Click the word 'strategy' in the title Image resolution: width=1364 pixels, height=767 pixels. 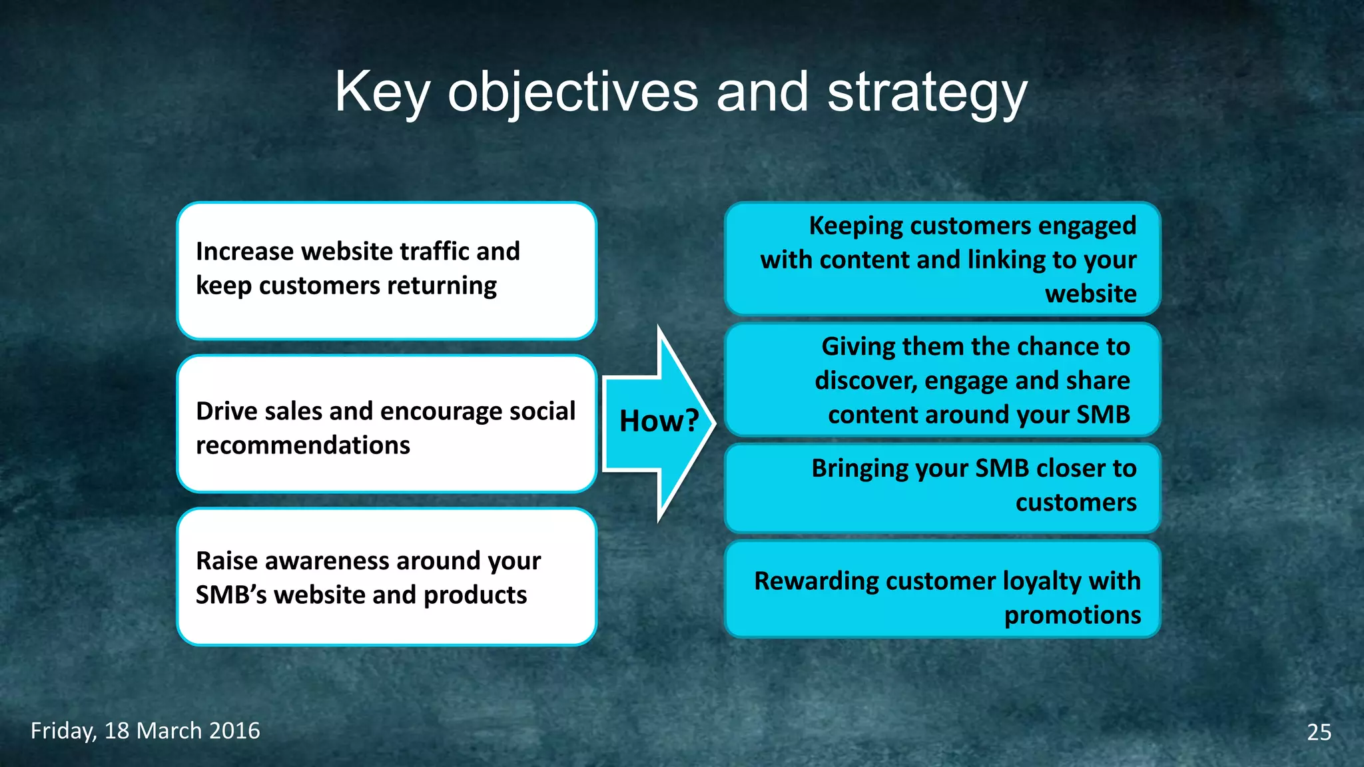[927, 93]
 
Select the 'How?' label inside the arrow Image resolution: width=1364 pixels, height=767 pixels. [659, 421]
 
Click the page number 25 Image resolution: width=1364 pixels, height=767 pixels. [1319, 732]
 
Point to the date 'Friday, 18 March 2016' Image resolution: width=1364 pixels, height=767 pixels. [145, 731]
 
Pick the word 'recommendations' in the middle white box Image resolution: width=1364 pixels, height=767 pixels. [303, 445]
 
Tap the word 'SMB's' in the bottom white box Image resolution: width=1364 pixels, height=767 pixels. [230, 595]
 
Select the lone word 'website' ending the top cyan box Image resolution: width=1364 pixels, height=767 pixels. [1090, 294]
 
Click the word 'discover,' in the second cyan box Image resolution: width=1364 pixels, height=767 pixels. [865, 381]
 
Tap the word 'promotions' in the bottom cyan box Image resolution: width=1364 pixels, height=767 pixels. [1072, 615]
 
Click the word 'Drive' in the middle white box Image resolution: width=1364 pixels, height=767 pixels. [226, 411]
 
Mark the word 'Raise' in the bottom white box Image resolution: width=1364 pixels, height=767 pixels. [226, 561]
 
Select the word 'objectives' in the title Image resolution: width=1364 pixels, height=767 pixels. [573, 93]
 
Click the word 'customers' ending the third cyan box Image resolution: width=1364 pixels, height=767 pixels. [1076, 503]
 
